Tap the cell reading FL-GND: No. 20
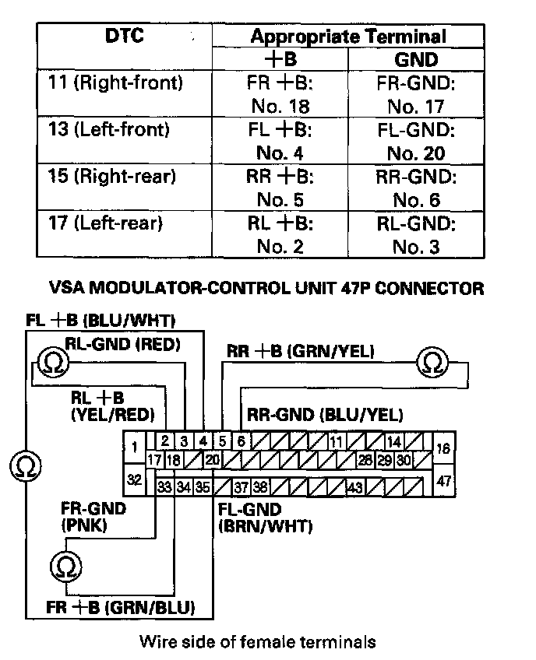415,141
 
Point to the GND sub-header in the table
416,59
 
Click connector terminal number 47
443,482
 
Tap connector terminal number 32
135,480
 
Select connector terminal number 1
135,446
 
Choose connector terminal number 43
355,488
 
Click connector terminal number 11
337,441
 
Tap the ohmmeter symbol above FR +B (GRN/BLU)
63,566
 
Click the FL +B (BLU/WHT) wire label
100,320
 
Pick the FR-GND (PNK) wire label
93,516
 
